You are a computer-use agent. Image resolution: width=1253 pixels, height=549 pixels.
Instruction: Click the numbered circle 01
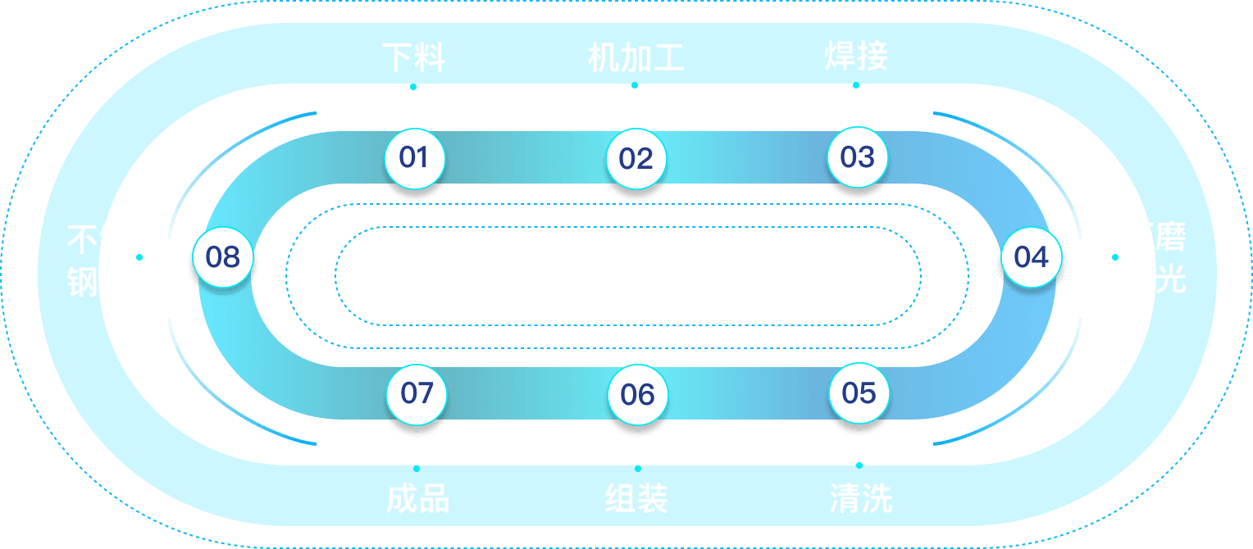point(414,157)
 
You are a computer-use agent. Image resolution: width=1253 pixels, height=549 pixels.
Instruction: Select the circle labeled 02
point(636,158)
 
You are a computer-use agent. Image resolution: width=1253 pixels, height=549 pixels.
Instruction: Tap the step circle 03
point(857,157)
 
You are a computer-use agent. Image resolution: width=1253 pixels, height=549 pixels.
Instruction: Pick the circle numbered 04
point(1031,257)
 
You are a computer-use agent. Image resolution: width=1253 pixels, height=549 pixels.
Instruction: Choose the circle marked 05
point(859,393)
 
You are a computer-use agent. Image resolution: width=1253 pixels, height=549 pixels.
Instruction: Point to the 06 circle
point(637,394)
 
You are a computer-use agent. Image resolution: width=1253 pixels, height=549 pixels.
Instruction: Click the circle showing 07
point(417,393)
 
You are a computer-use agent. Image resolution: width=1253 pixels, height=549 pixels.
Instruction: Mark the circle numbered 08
point(222,257)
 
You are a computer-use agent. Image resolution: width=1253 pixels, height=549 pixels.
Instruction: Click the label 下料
point(413,58)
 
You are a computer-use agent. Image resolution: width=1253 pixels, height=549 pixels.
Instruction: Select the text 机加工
point(636,58)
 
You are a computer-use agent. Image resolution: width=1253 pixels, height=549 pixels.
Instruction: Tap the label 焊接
point(856,58)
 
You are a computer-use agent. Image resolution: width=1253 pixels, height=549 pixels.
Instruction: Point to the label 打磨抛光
point(1154,258)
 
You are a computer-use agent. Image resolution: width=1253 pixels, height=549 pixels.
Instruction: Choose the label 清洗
point(860,497)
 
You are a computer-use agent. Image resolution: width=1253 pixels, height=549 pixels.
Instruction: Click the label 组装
point(637,497)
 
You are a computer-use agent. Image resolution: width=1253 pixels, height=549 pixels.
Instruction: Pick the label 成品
point(417,497)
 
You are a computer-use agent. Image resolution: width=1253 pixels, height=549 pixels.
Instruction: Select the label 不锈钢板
point(98,260)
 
